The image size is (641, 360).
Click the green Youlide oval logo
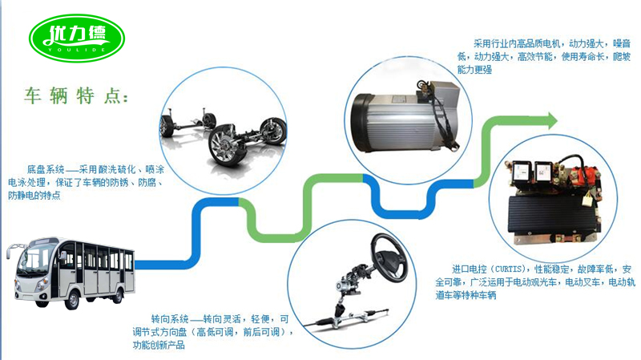click(77, 38)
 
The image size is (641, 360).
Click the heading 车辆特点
click(76, 96)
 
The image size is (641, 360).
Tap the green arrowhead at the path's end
click(552, 121)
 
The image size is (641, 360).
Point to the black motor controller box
click(554, 216)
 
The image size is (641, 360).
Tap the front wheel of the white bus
click(73, 300)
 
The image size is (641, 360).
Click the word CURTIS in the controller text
click(509, 269)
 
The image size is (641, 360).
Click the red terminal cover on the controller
click(586, 175)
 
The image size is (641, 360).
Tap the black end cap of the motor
click(361, 123)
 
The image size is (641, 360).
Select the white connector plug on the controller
click(588, 199)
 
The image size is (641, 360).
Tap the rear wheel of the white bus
click(118, 295)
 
